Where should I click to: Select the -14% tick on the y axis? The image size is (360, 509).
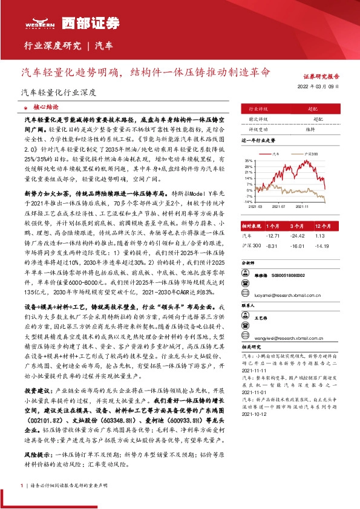point(249,201)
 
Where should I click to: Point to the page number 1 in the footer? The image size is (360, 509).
point(21,485)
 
